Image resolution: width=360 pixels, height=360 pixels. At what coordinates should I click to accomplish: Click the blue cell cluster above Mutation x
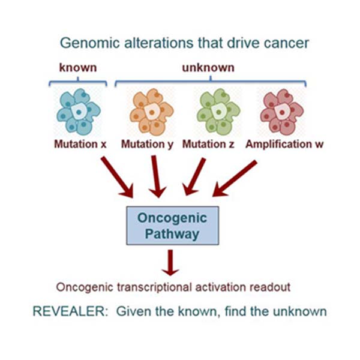click(x=79, y=112)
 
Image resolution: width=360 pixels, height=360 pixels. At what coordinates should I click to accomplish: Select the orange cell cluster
click(x=152, y=112)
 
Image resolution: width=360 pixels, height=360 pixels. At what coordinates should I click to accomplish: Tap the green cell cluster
click(x=218, y=112)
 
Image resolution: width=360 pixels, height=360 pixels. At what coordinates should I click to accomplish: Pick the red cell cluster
click(x=282, y=112)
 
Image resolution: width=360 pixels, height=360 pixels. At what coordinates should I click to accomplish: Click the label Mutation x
click(x=80, y=144)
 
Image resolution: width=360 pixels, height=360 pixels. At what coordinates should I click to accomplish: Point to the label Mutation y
click(x=147, y=145)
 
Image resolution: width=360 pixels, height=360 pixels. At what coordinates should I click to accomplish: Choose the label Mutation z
click(x=208, y=144)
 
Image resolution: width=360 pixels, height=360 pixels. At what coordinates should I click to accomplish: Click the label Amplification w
click(x=284, y=145)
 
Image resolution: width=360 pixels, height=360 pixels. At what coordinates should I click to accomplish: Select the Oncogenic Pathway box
click(x=172, y=226)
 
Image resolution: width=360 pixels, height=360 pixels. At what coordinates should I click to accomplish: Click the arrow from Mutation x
click(x=117, y=177)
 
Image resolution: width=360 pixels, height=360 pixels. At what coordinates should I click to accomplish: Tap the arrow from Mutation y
click(x=156, y=176)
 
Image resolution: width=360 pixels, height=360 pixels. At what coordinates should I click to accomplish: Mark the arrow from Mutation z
click(x=194, y=176)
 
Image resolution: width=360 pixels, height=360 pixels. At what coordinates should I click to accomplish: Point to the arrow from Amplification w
click(x=235, y=178)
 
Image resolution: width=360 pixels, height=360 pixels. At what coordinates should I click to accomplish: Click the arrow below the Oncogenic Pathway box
click(x=170, y=263)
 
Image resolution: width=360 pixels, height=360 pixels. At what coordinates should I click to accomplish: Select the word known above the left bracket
click(x=78, y=68)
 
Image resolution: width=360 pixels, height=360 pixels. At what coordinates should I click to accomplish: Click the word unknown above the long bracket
click(x=208, y=68)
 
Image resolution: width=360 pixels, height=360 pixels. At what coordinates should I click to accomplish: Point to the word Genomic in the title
click(x=90, y=43)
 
